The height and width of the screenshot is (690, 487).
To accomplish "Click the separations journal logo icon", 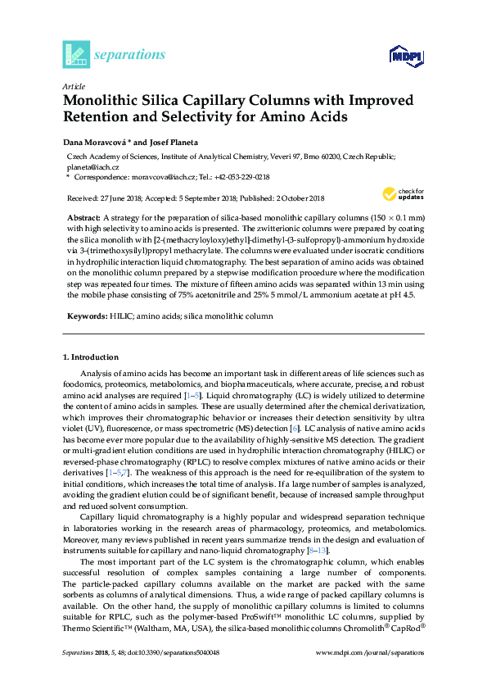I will [x=76, y=54].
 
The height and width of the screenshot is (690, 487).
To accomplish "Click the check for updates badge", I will [x=400, y=194].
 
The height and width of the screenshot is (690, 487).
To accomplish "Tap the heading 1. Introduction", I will [x=91, y=357].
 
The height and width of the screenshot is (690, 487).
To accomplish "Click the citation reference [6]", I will [x=295, y=429].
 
